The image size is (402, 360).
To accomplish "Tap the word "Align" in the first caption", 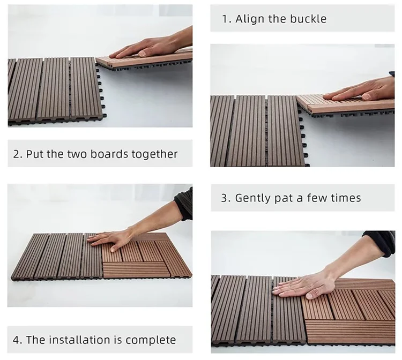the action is (250, 19).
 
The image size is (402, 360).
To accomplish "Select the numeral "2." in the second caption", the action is (18, 154).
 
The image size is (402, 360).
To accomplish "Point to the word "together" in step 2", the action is (154, 154).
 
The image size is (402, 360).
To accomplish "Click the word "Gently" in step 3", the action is (253, 198).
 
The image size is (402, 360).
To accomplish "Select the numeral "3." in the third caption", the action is (226, 198).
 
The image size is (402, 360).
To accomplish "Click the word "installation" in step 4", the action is (80, 340).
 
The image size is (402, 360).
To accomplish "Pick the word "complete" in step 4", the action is (151, 340).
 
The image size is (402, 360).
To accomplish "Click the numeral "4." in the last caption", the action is (18, 340).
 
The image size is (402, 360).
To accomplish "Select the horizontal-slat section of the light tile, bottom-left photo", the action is (136, 270).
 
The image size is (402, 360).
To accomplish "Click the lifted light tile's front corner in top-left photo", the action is (98, 61).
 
